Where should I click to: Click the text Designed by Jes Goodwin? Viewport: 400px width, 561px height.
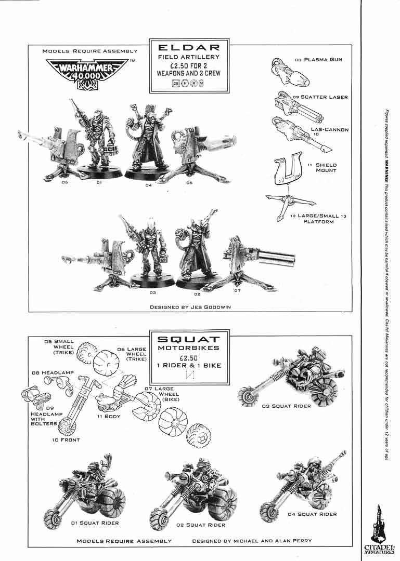190,307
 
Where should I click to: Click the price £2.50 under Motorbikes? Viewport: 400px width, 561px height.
189,357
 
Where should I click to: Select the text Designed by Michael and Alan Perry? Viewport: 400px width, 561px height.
252,541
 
